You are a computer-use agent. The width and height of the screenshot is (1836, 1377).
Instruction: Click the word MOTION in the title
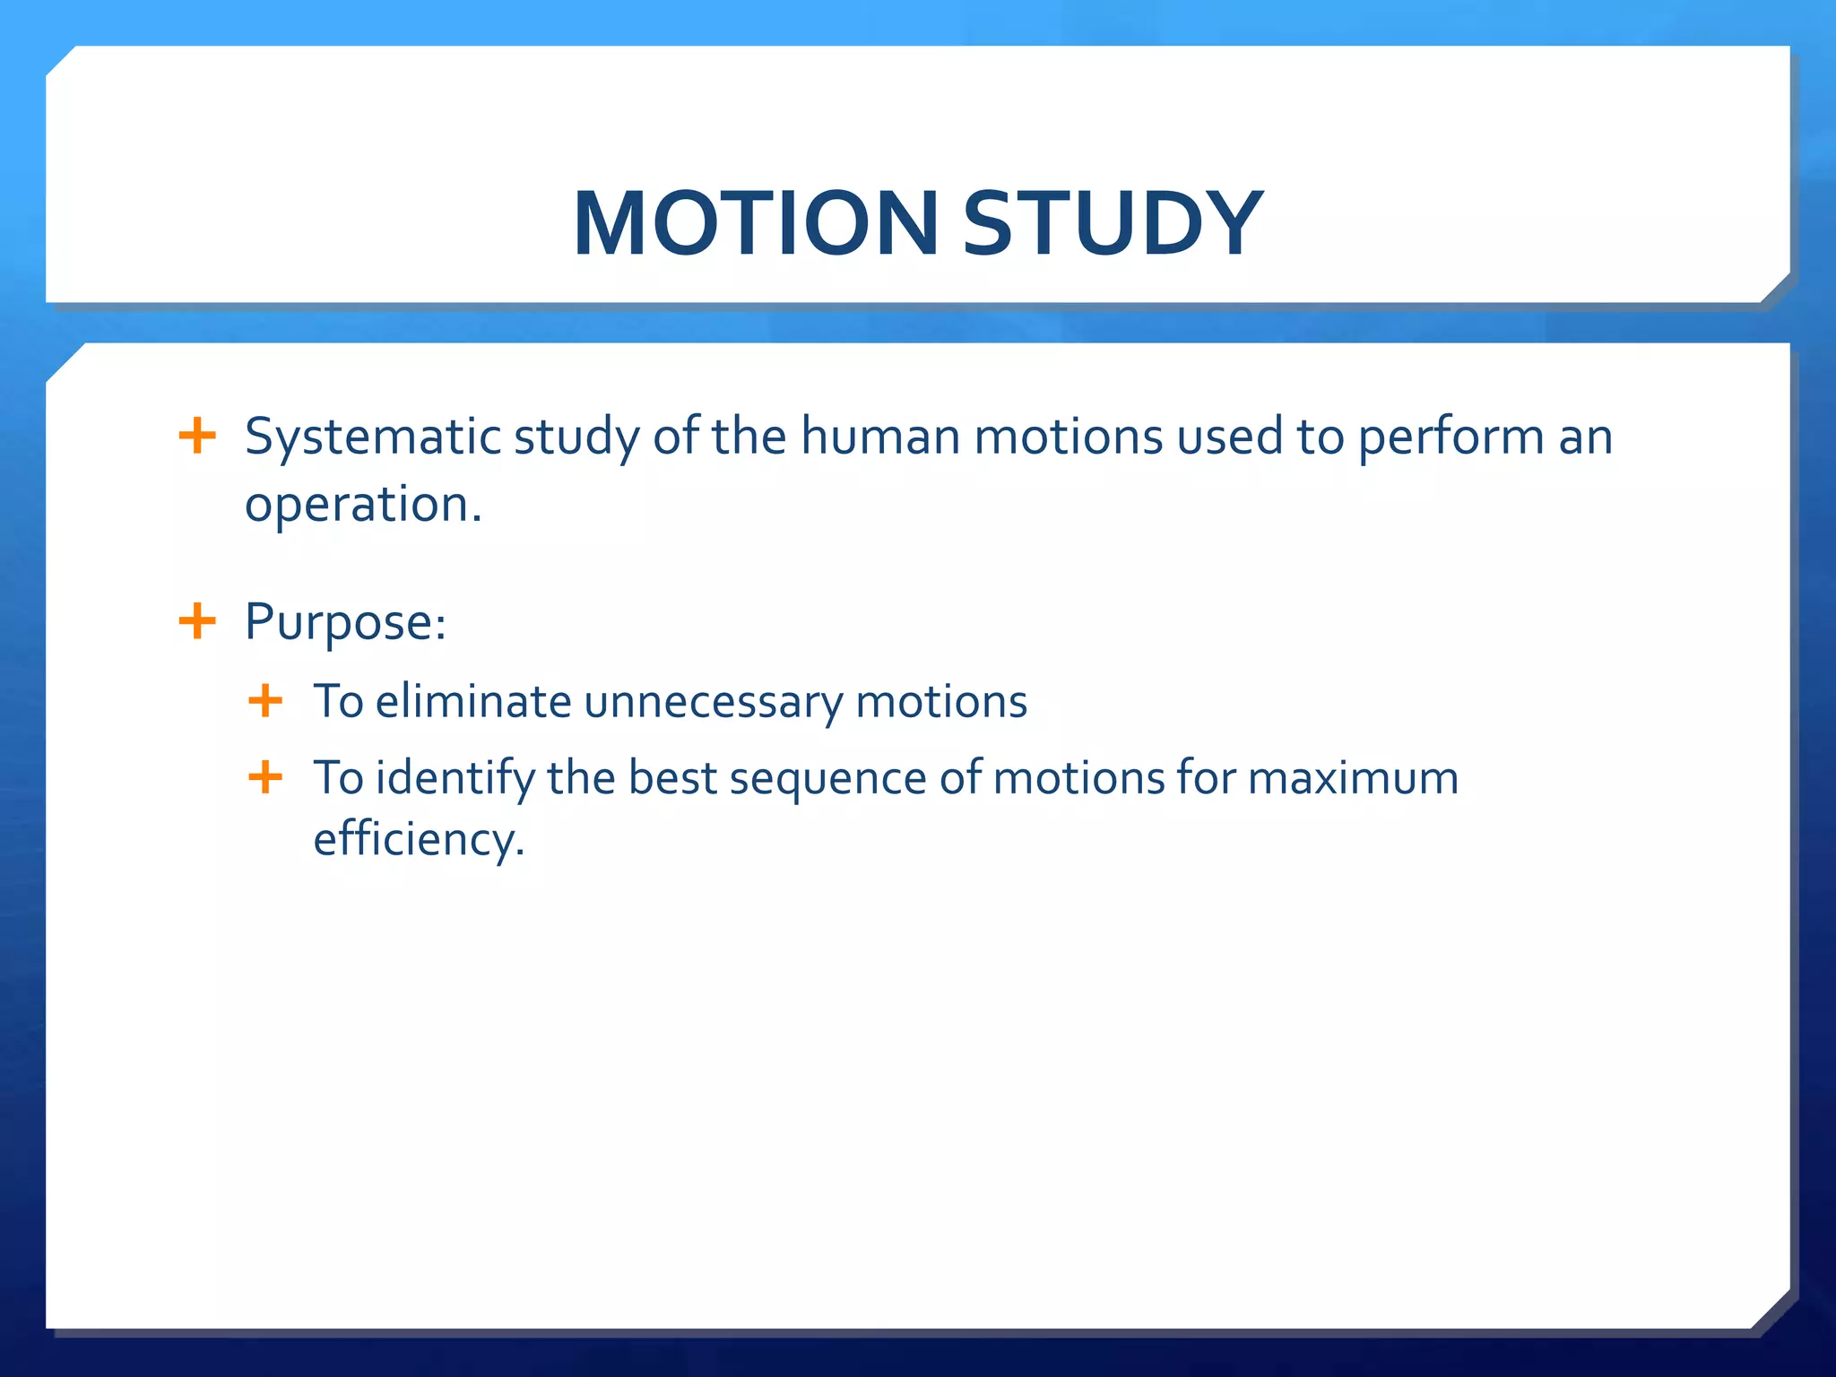click(755, 224)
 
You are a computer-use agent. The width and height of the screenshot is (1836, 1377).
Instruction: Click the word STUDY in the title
click(1112, 224)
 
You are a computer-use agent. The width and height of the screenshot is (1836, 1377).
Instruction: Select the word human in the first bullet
click(879, 437)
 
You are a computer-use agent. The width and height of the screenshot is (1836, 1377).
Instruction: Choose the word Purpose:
click(345, 623)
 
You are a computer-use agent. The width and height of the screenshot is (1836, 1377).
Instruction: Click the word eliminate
click(472, 701)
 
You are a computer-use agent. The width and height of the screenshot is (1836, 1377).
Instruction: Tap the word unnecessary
click(713, 703)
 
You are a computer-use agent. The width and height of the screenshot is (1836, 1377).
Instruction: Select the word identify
click(455, 779)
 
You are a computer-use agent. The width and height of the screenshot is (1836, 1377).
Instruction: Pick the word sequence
click(827, 779)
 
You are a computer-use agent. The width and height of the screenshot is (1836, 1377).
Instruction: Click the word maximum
click(1353, 778)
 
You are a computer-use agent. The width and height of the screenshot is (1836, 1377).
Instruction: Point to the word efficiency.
click(418, 841)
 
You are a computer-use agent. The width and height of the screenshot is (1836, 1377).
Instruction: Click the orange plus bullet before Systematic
click(197, 437)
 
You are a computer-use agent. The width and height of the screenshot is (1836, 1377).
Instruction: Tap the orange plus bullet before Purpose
click(197, 620)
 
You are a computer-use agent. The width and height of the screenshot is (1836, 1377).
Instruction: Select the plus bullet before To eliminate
click(265, 700)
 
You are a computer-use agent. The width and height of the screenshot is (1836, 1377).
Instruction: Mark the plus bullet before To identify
click(265, 777)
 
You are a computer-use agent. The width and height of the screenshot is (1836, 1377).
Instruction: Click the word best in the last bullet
click(671, 777)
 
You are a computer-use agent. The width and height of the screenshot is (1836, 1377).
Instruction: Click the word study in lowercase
click(576, 438)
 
